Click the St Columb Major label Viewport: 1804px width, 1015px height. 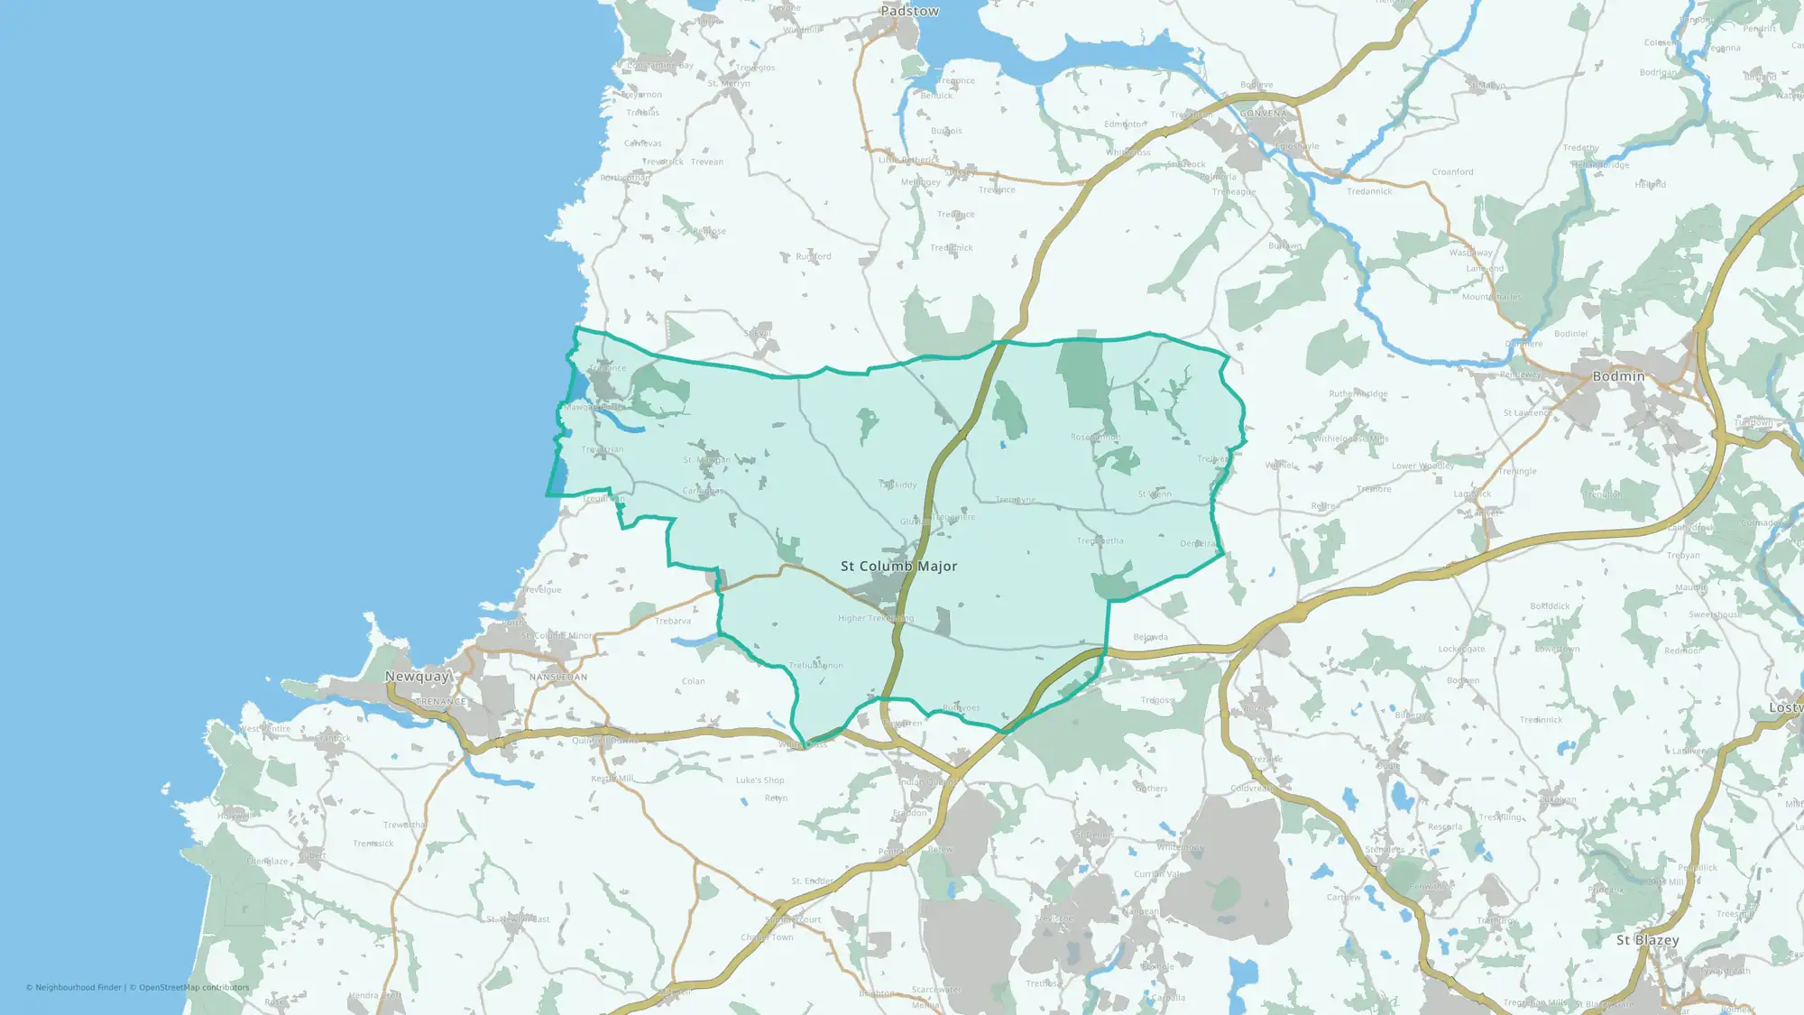pyautogui.click(x=898, y=567)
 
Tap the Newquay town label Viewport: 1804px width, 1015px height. pyautogui.click(x=417, y=677)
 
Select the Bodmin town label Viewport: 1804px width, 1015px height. pyautogui.click(x=1618, y=376)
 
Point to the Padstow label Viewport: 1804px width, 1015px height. pyautogui.click(x=909, y=12)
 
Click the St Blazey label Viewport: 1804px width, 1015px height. pyautogui.click(x=1647, y=940)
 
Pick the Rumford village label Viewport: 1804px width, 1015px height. pyautogui.click(x=813, y=256)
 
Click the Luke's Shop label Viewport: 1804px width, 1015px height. pyautogui.click(x=759, y=780)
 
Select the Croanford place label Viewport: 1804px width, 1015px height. pyautogui.click(x=1452, y=172)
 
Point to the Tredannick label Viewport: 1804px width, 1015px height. pyautogui.click(x=1368, y=191)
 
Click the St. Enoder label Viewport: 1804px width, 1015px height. pyautogui.click(x=812, y=881)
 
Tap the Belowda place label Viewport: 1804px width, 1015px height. pyautogui.click(x=1150, y=637)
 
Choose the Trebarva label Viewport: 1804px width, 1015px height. pyautogui.click(x=673, y=621)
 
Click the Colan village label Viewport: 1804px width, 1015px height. pyautogui.click(x=693, y=681)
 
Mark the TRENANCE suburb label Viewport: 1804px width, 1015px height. pyautogui.click(x=441, y=702)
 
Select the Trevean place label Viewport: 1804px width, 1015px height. pyautogui.click(x=706, y=162)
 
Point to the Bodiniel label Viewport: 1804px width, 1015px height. pyautogui.click(x=1570, y=334)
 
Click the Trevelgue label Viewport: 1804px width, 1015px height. pyautogui.click(x=541, y=590)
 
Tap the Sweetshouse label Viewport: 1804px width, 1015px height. pyautogui.click(x=1715, y=615)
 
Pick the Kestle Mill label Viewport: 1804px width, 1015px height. pyautogui.click(x=612, y=779)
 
